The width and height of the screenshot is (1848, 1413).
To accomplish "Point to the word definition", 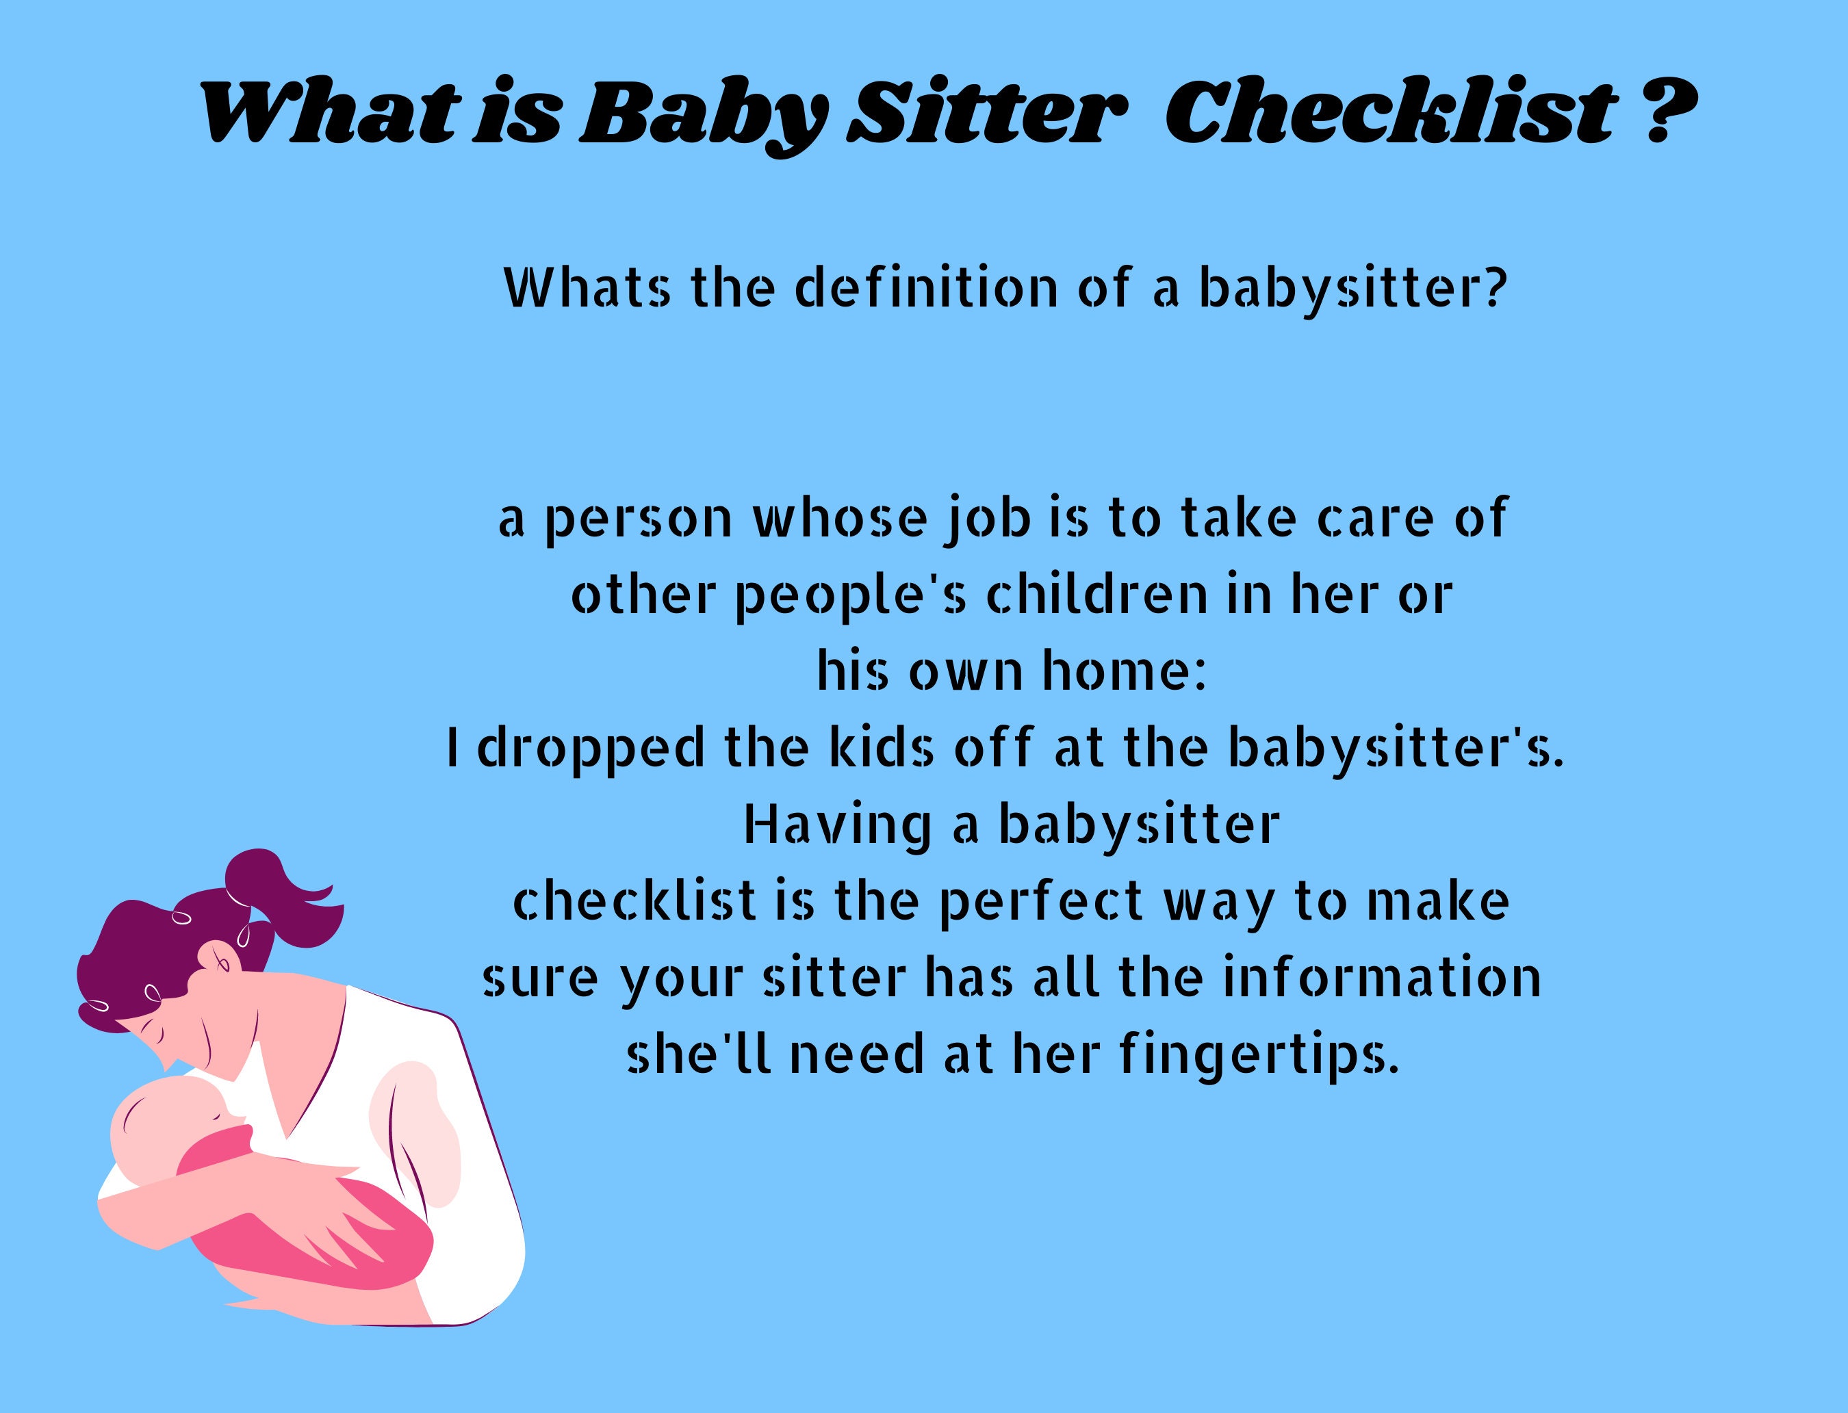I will click(x=925, y=289).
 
